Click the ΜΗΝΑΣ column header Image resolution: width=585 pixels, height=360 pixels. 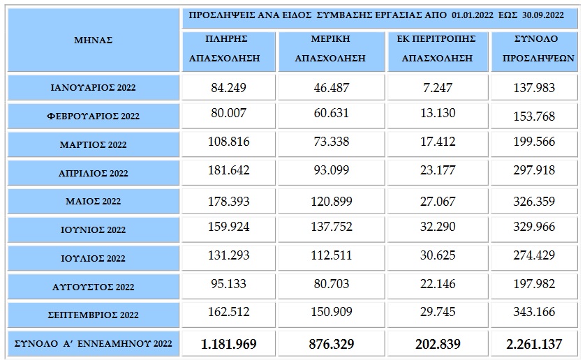[93, 40]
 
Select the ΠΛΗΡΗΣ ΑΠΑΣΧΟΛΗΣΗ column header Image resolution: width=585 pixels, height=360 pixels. [228, 49]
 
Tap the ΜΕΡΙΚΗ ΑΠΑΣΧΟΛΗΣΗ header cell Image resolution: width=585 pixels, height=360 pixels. [331, 49]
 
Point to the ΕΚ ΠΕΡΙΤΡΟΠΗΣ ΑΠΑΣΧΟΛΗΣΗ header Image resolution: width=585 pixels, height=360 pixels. [438, 49]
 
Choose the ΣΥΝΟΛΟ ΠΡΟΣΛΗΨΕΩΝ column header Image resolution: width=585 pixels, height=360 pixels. [533, 49]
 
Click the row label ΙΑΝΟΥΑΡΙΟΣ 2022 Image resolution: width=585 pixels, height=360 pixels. [93, 88]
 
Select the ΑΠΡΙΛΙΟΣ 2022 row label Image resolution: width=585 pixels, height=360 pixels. [93, 173]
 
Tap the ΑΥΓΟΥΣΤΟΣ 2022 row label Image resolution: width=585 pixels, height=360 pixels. [93, 287]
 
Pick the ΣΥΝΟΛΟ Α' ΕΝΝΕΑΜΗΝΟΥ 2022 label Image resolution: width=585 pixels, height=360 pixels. [93, 344]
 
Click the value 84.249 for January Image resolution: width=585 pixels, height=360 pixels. [228, 88]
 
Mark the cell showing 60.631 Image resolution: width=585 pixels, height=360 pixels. [331, 113]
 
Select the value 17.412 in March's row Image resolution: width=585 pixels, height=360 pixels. [438, 142]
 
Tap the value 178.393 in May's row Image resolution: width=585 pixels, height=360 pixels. [228, 201]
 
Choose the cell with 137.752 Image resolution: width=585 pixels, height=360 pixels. [331, 227]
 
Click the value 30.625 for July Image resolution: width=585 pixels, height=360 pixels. [438, 255]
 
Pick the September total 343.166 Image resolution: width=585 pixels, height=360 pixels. [533, 313]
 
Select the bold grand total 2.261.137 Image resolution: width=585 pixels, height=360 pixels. [533, 344]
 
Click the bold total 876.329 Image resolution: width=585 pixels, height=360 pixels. [331, 344]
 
